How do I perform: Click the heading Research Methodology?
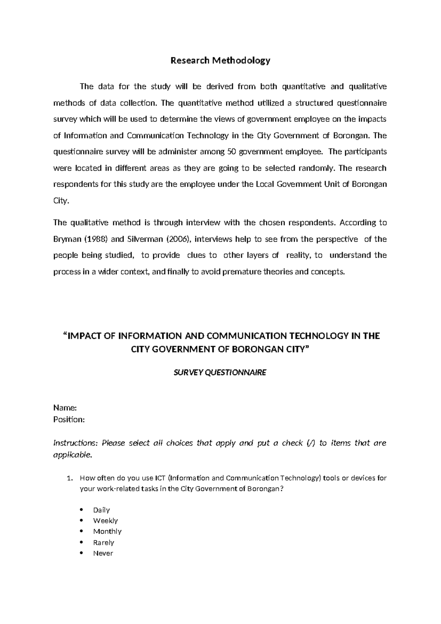[x=220, y=61]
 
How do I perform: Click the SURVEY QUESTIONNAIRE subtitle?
[x=220, y=373]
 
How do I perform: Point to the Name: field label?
[x=65, y=408]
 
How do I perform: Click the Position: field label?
[x=69, y=419]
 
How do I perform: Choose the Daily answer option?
[x=101, y=510]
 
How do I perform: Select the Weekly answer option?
[x=105, y=521]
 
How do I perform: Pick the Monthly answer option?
[x=107, y=531]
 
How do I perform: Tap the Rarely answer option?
[x=104, y=542]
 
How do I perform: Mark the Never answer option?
[x=103, y=553]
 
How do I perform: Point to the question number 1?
[x=69, y=478]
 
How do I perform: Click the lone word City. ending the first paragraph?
[x=61, y=201]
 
